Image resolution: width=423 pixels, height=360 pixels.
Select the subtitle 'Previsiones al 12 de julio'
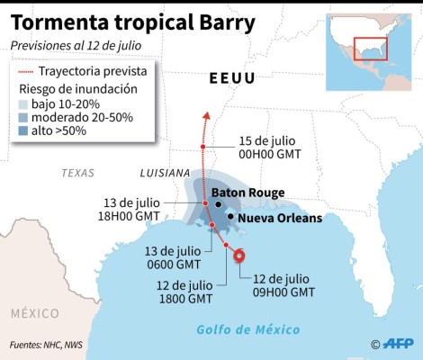tap(75, 44)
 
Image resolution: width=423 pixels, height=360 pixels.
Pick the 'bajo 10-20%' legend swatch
tap(25, 104)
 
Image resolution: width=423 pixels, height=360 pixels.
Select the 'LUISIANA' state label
tap(165, 172)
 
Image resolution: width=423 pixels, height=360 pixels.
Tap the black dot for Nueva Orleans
tap(232, 217)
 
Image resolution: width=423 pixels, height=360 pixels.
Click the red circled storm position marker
tap(238, 256)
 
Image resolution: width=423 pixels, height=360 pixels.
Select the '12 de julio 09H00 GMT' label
tap(283, 284)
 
